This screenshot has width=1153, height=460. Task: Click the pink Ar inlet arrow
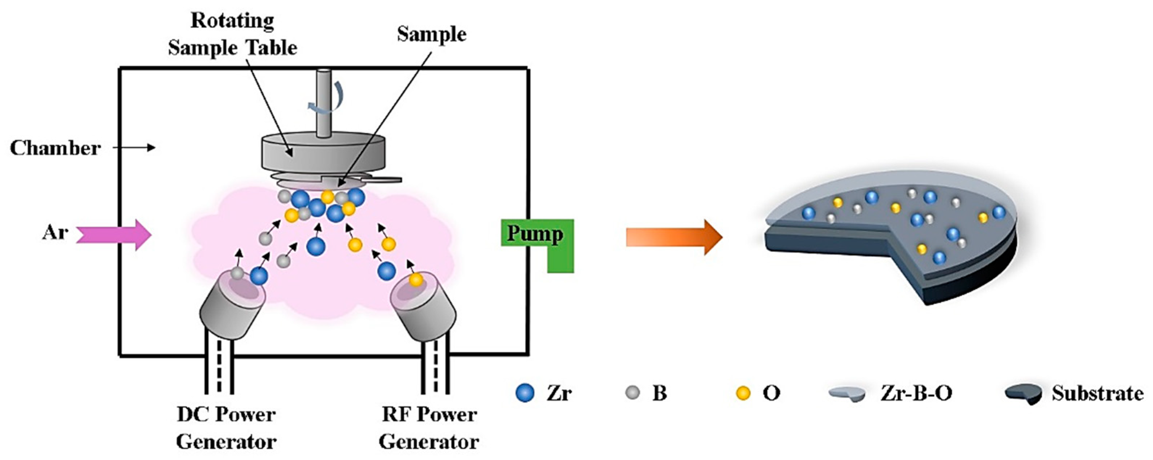(114, 235)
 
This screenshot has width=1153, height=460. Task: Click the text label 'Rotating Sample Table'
(232, 34)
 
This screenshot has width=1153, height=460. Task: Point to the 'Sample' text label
(431, 34)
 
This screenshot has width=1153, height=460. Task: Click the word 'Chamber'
(55, 148)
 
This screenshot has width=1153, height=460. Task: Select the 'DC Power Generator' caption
(226, 428)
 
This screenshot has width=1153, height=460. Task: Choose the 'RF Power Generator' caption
(429, 428)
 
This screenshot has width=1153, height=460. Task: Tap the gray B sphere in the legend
(633, 393)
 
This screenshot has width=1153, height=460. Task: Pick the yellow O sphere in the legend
(743, 393)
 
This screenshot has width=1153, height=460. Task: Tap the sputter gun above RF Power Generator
(423, 304)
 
